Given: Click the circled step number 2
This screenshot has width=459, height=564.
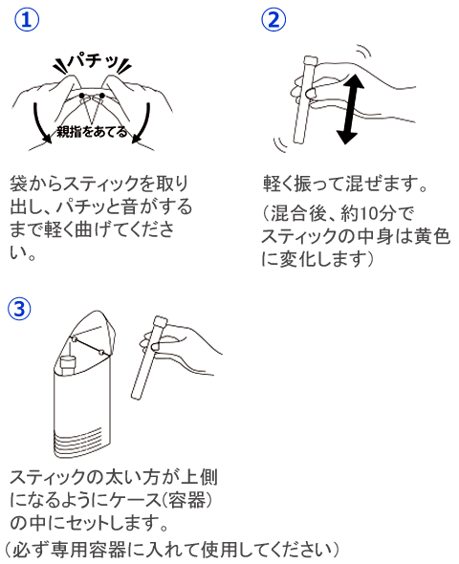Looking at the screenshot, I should click(x=274, y=20).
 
